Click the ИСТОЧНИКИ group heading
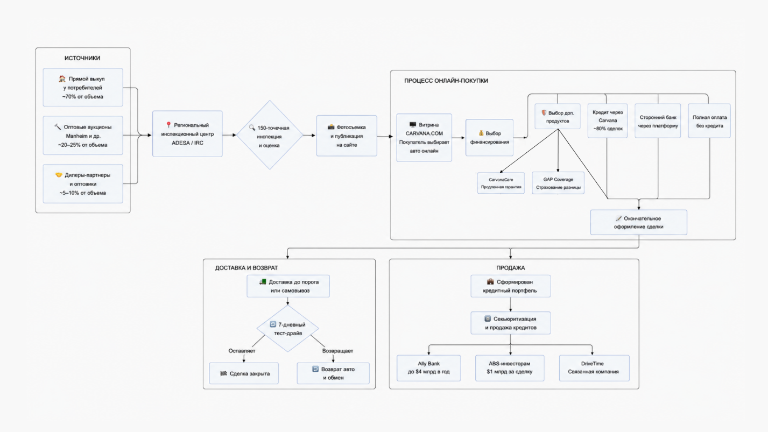click(x=82, y=58)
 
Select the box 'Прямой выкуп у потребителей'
click(x=83, y=88)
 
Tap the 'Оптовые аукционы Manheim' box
click(x=83, y=136)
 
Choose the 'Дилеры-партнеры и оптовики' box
click(x=83, y=184)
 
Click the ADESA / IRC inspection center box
click(x=187, y=134)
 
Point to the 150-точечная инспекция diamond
click(x=270, y=134)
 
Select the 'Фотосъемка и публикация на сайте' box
click(x=347, y=136)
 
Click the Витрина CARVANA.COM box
click(x=424, y=138)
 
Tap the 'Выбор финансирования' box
click(x=489, y=138)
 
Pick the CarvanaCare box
click(x=501, y=183)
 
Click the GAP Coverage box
click(x=558, y=183)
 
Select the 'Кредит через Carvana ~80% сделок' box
click(x=608, y=121)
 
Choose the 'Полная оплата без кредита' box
click(x=709, y=121)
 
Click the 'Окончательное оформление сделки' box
click(x=638, y=223)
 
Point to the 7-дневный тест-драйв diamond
click(x=287, y=329)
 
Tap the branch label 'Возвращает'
click(x=337, y=351)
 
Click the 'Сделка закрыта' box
click(x=244, y=373)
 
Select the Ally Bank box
click(x=428, y=368)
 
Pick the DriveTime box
click(x=594, y=368)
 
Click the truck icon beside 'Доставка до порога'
click(x=263, y=282)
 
